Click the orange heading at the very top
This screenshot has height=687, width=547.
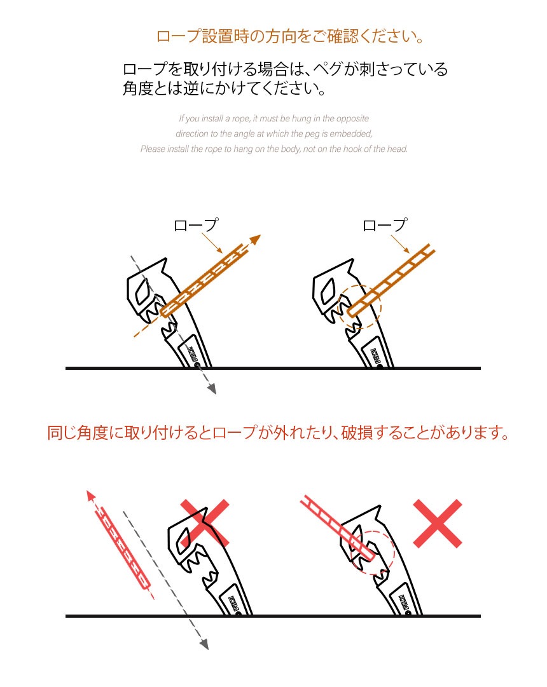pyautogui.click(x=291, y=36)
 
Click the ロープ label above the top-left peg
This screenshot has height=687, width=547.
pyautogui.click(x=195, y=226)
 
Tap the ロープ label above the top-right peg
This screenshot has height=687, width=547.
pyautogui.click(x=384, y=226)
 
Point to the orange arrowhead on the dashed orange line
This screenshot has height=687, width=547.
pyautogui.click(x=256, y=240)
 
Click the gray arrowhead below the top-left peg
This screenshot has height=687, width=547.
pyautogui.click(x=212, y=389)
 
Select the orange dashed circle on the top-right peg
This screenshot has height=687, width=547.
pyautogui.click(x=359, y=306)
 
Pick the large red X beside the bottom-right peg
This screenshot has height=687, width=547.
pyautogui.click(x=438, y=523)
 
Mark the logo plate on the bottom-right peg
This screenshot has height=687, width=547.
pyautogui.click(x=404, y=602)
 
